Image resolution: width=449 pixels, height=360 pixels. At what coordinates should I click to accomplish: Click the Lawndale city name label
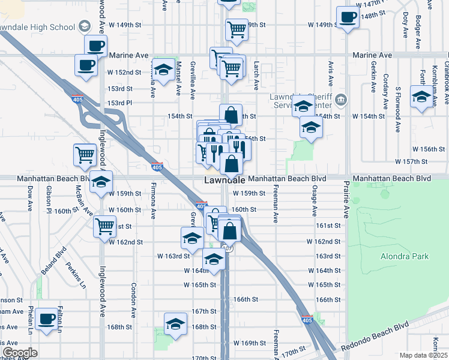pyautogui.click(x=224, y=179)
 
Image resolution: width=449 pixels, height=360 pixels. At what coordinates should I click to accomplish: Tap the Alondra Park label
pyautogui.click(x=405, y=256)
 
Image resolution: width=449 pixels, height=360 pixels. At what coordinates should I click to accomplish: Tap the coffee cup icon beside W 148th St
pyautogui.click(x=347, y=17)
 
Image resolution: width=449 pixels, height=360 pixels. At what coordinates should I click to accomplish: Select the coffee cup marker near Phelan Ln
pyautogui.click(x=46, y=319)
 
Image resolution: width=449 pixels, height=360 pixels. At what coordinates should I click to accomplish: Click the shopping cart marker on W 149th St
pyautogui.click(x=237, y=29)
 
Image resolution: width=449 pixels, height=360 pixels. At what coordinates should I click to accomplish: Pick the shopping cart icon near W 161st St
pyautogui.click(x=104, y=227)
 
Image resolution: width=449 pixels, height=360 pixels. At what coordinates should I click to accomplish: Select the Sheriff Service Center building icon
pyautogui.click(x=342, y=99)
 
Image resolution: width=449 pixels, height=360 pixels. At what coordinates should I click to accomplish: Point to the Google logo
pyautogui.click(x=20, y=353)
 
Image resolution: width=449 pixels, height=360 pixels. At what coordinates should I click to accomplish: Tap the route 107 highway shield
pyautogui.click(x=227, y=247)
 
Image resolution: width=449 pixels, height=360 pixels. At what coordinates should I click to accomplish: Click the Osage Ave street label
pyautogui.click(x=314, y=200)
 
